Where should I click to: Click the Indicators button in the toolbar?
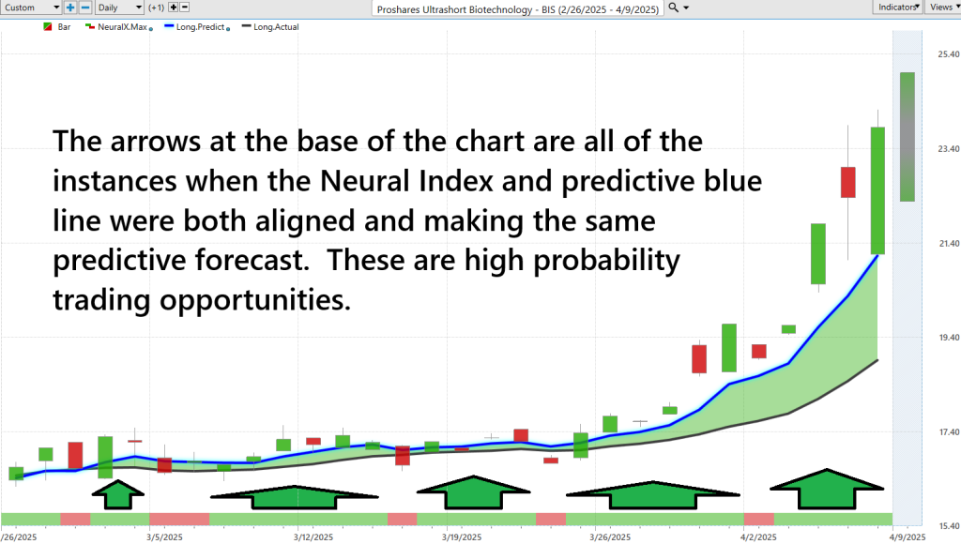(897, 8)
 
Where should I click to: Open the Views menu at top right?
(942, 8)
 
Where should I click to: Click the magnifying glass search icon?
(674, 8)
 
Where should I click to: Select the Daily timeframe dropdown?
(119, 8)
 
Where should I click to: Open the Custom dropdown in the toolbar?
(31, 8)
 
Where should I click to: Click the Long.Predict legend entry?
(197, 27)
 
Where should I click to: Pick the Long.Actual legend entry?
(270, 27)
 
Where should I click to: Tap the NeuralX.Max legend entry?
(119, 27)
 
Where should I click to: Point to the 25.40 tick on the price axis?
(948, 53)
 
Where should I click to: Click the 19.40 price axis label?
(948, 338)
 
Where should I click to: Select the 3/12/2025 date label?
(313, 537)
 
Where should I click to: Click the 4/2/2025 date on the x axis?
(758, 537)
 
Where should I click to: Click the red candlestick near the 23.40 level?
(848, 182)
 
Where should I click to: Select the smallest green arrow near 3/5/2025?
(117, 494)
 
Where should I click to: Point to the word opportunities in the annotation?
(255, 300)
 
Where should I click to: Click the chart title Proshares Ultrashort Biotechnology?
(455, 9)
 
